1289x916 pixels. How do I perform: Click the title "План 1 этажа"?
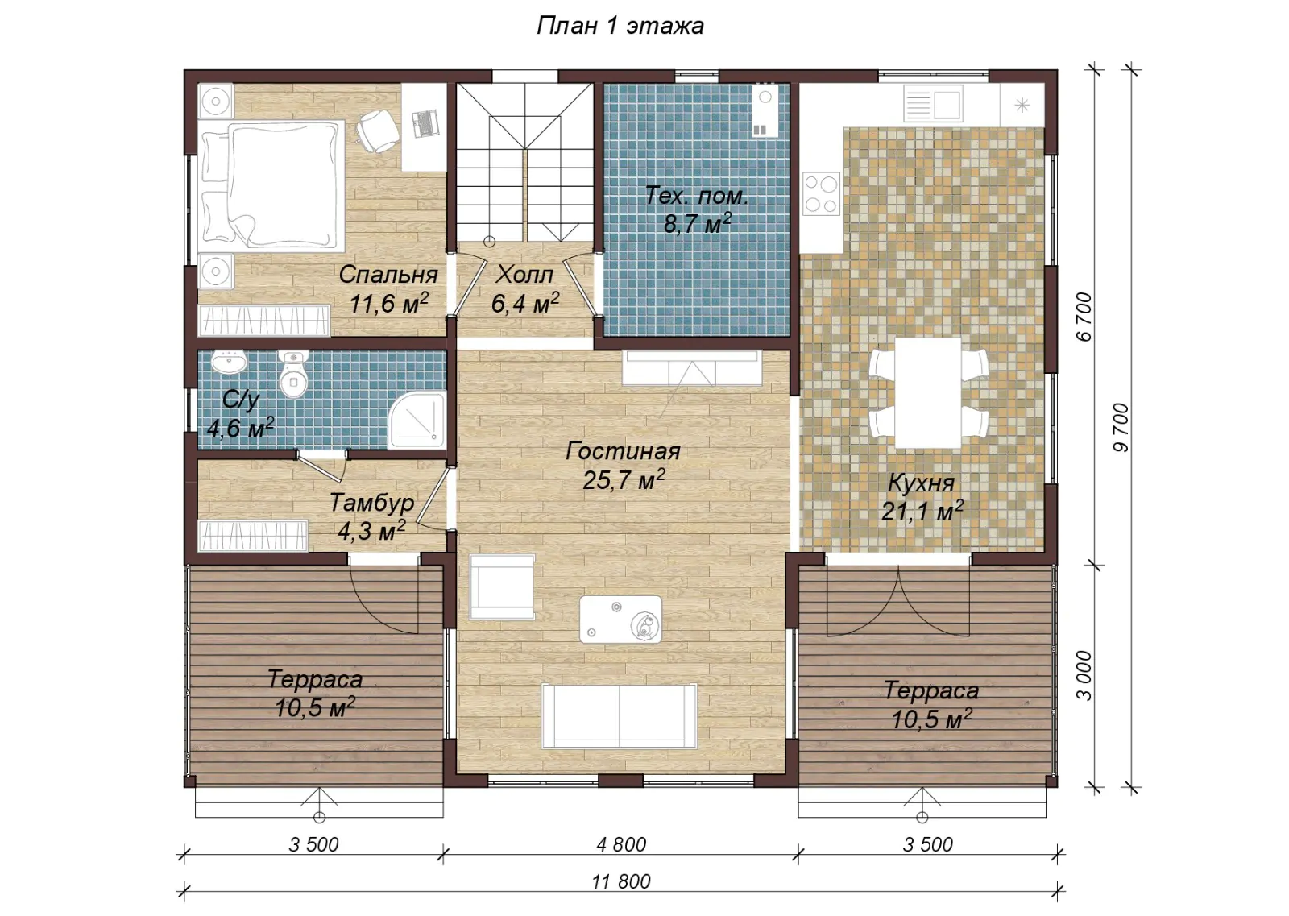pos(620,26)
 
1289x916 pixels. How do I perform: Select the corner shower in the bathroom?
pos(417,421)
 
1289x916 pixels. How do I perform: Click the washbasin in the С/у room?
pos(229,362)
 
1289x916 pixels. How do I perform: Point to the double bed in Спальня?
pos(271,185)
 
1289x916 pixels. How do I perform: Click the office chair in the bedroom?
pos(377,131)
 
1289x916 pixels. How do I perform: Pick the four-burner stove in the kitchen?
pos(821,194)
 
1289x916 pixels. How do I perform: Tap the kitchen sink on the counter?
pos(934,104)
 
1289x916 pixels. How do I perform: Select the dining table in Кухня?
pos(927,393)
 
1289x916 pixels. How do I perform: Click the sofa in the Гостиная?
pos(620,716)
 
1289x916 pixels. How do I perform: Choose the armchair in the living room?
pos(502,586)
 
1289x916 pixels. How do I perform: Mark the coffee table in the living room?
pos(620,619)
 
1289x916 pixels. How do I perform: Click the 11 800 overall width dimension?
pos(621,881)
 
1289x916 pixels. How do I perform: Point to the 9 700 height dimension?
pos(1121,428)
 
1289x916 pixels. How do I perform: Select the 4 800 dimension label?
pos(621,844)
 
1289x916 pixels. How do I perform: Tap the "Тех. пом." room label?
pos(697,196)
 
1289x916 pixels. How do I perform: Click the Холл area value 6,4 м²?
pos(524,303)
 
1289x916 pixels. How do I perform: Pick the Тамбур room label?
pos(371,503)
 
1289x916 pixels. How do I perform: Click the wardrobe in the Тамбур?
pos(253,537)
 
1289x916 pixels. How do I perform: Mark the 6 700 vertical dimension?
pos(1084,317)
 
